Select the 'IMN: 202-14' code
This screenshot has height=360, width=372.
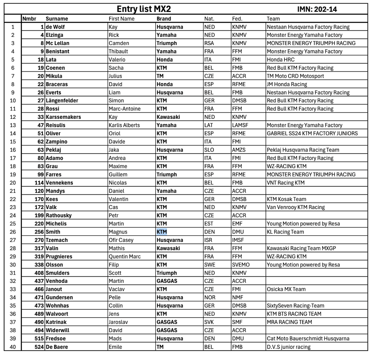click(317, 9)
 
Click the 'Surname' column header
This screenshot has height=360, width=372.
click(57, 19)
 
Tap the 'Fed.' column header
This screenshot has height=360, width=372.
click(237, 19)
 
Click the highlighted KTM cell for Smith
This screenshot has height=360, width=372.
click(162, 232)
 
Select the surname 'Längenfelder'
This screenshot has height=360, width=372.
click(62, 101)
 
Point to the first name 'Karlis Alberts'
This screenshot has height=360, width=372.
click(124, 125)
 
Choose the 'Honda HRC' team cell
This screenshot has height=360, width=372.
click(281, 60)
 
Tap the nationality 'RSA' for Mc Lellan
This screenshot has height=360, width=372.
click(209, 43)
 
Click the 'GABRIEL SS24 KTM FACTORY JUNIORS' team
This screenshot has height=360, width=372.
click(312, 133)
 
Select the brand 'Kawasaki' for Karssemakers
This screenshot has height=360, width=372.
click(168, 117)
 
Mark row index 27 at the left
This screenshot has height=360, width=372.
click(13, 240)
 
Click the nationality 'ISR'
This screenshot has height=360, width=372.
click(209, 240)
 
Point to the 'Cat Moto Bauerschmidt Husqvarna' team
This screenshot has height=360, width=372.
click(308, 339)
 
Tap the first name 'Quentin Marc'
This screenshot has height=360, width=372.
click(125, 256)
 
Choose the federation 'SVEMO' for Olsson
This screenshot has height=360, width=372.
click(241, 265)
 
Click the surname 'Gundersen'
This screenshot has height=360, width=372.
click(59, 298)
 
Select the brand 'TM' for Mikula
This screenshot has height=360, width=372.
click(160, 76)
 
